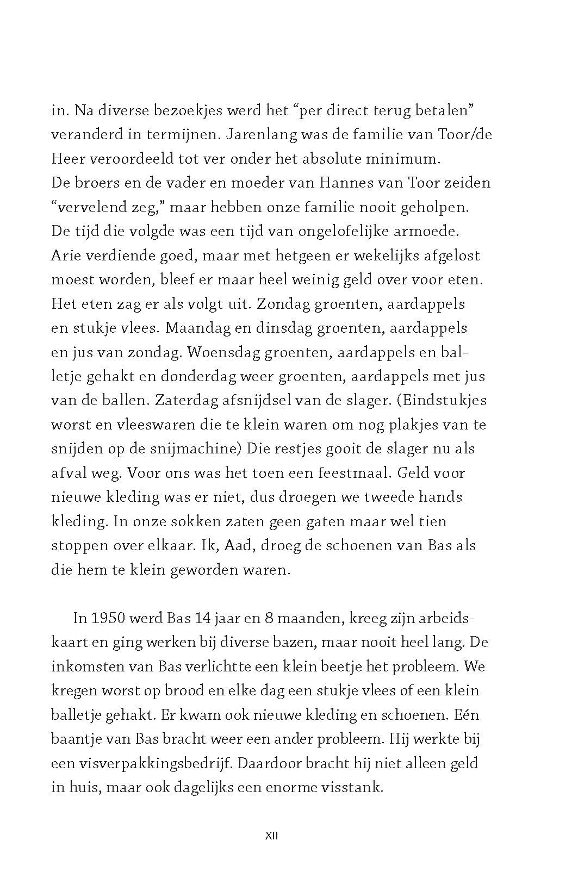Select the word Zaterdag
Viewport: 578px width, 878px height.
[x=193, y=400]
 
